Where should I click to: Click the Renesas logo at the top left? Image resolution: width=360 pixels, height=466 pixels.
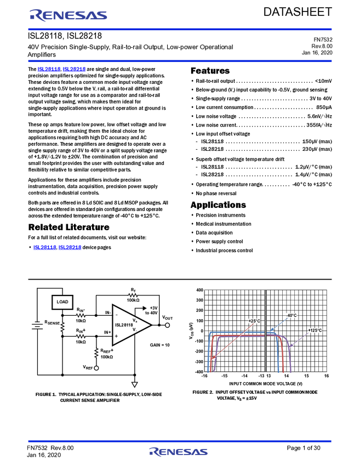[68, 15]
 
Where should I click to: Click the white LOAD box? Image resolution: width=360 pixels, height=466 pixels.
[62, 302]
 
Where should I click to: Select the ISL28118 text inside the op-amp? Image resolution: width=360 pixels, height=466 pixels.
[124, 325]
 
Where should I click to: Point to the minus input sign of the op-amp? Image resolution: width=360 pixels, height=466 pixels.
[116, 315]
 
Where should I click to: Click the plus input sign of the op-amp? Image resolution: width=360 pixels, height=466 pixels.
[116, 336]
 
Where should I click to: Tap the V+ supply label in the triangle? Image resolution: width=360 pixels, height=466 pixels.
[134, 320]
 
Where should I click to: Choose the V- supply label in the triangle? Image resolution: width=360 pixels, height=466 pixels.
[134, 329]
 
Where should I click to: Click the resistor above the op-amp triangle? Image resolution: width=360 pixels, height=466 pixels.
[133, 295]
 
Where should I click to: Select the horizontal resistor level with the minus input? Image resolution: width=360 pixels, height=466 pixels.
[81, 316]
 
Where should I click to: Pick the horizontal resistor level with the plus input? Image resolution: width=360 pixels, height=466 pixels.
[81, 337]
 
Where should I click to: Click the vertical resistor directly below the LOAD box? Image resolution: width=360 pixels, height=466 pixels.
[62, 326]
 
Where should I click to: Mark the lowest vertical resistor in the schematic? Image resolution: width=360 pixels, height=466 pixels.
[96, 353]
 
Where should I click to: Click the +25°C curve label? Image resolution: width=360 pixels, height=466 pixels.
[254, 321]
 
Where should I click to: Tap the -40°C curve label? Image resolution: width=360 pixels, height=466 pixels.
[290, 315]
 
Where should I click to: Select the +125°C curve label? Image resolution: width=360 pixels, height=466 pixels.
[315, 331]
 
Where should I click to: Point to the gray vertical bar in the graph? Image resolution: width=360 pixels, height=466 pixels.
[266, 329]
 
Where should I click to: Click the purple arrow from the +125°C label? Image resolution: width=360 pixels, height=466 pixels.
[299, 340]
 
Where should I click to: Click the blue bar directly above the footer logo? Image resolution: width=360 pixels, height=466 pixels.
[180, 441]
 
